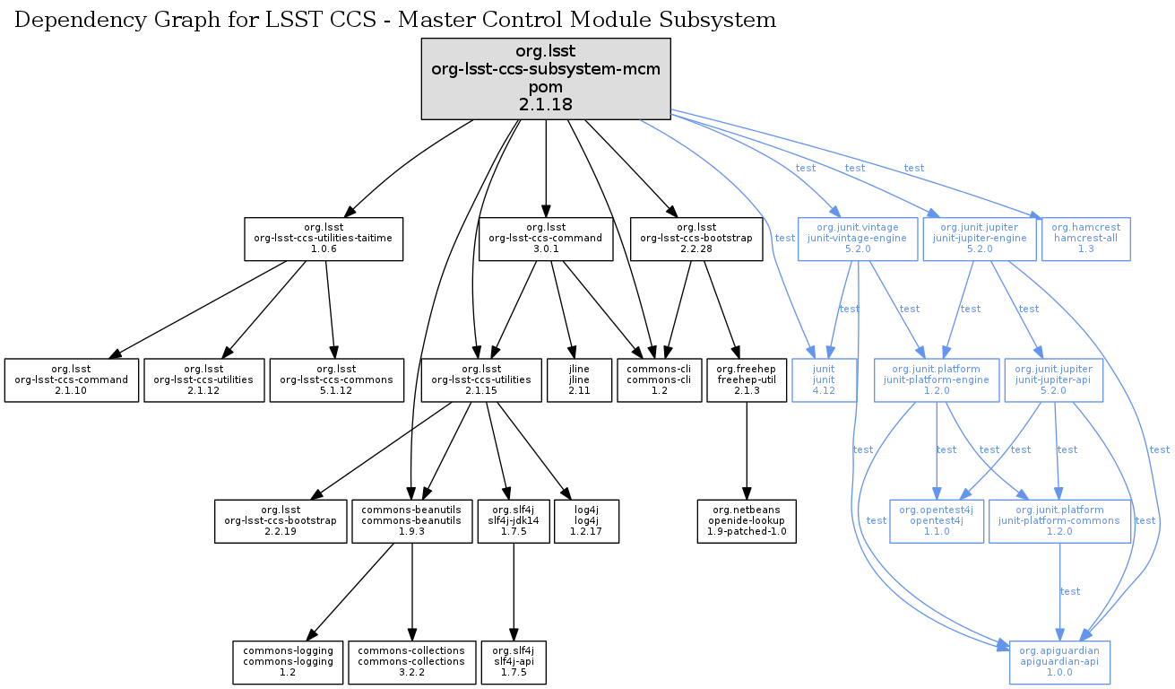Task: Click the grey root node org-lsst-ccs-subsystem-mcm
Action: (546, 79)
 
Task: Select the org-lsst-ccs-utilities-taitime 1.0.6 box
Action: (324, 239)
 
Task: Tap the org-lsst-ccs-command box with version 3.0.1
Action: (546, 239)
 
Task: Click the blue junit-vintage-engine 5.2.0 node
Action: (859, 239)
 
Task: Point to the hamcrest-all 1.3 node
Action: (1086, 239)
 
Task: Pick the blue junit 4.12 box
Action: (824, 379)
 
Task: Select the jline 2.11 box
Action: (578, 379)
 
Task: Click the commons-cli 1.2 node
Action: (659, 379)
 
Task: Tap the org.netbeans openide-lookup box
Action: (747, 521)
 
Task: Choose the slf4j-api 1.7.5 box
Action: (513, 662)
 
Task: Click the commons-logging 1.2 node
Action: (288, 662)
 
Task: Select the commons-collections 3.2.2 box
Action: (412, 662)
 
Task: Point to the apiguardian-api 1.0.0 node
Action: (1059, 662)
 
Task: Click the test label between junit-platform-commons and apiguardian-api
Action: (1070, 591)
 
